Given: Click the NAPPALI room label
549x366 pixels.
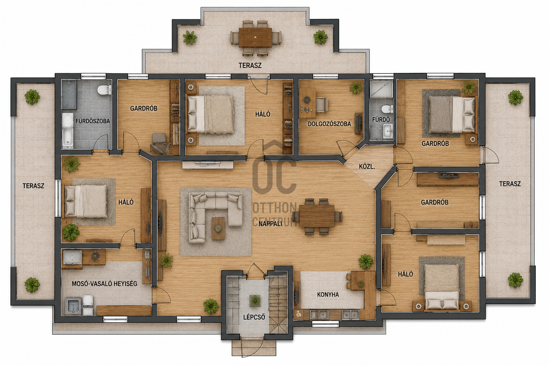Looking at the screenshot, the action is coord(270,224).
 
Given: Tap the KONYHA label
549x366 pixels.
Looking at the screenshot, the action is coord(328,295).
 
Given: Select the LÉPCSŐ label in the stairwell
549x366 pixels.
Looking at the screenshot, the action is coord(254,317).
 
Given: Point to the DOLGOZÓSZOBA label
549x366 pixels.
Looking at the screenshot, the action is coord(329,124).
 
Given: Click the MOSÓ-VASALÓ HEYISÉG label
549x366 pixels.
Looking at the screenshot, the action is coord(104,284).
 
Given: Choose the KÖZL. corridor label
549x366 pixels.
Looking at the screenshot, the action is coord(367,167).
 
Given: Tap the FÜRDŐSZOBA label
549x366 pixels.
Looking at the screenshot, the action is coord(93,121).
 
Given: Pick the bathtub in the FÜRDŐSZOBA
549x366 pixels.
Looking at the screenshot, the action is coord(68,130).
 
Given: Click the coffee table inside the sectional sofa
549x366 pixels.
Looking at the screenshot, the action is coord(218,228).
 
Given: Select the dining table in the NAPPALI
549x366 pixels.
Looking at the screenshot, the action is coord(317,216).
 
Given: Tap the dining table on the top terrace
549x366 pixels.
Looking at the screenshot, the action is coord(256,38).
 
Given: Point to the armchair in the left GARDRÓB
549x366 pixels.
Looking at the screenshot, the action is coord(160,144).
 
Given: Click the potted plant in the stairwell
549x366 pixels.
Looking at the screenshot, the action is coord(255,301).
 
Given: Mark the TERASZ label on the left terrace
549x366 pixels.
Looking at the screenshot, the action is coord(33,186).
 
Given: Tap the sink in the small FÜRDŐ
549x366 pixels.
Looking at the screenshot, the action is coord(388,131).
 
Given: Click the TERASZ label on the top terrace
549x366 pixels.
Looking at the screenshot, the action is coord(250,65).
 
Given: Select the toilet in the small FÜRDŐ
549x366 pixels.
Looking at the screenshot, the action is coord(387,109).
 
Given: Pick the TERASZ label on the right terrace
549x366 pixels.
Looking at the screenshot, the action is coord(510,184).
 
